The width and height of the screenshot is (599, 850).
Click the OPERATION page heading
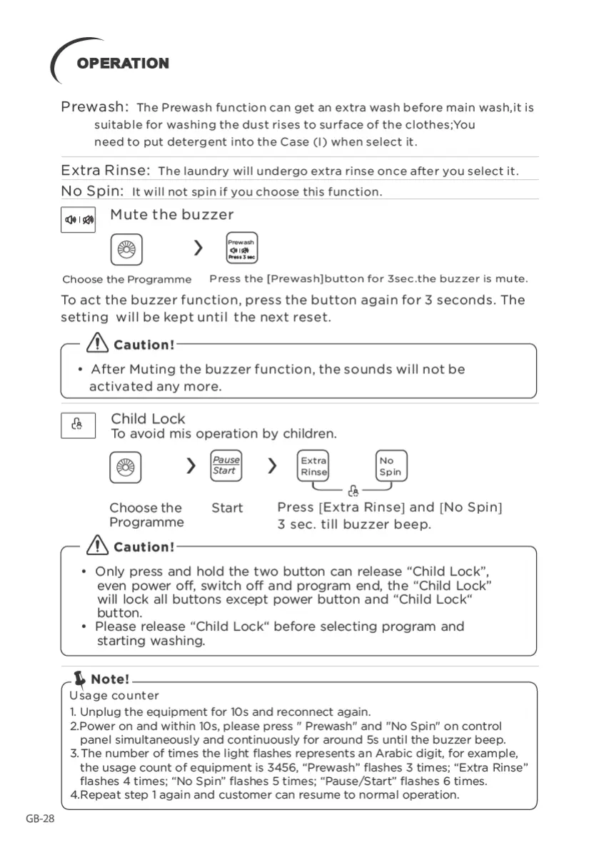coord(123,64)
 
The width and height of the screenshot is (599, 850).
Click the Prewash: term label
coord(95,107)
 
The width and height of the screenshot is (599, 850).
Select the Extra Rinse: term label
coord(105,171)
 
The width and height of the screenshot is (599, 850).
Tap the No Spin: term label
coord(93,191)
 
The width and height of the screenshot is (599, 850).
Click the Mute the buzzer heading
coord(171,214)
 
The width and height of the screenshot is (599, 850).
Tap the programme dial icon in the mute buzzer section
coord(126,250)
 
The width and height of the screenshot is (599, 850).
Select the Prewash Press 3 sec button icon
coord(241,248)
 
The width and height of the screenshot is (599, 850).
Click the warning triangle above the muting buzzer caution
coord(96,345)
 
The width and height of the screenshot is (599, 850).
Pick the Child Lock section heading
coord(148,419)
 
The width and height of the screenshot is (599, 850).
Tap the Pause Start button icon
coord(226,465)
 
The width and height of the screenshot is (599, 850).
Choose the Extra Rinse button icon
coord(313,466)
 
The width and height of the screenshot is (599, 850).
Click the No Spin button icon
coord(391,466)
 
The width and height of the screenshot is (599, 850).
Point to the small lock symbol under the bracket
coord(353,491)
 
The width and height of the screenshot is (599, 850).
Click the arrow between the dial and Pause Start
coord(191,466)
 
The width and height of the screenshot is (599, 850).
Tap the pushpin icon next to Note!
coord(79,677)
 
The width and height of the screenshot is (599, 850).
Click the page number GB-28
coord(40,818)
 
